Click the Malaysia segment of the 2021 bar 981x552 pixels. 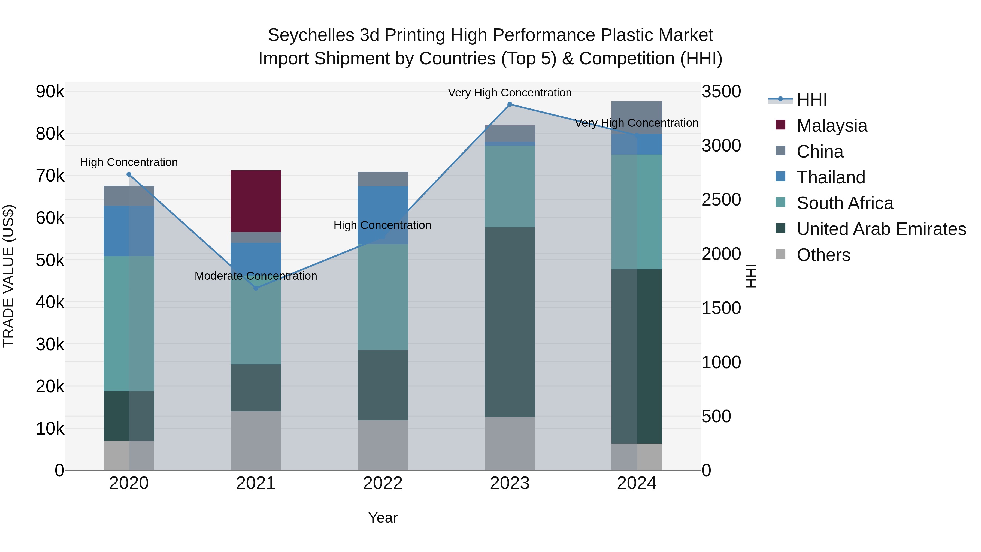pyautogui.click(x=256, y=201)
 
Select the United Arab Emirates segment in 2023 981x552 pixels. pyautogui.click(x=510, y=322)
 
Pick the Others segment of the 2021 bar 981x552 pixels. pyautogui.click(x=256, y=441)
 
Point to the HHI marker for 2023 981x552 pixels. pyautogui.click(x=510, y=104)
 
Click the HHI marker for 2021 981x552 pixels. pyautogui.click(x=256, y=288)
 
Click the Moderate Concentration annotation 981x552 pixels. pyautogui.click(x=256, y=276)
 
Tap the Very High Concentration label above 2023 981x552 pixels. pyautogui.click(x=510, y=93)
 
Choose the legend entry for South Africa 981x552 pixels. pyautogui.click(x=845, y=203)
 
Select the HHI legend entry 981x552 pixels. pyautogui.click(x=811, y=100)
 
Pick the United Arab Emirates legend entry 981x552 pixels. pyautogui.click(x=881, y=229)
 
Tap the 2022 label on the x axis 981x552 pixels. pyautogui.click(x=383, y=483)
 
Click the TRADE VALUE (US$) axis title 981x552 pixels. pyautogui.click(x=8, y=276)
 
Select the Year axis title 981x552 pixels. pyautogui.click(x=383, y=518)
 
